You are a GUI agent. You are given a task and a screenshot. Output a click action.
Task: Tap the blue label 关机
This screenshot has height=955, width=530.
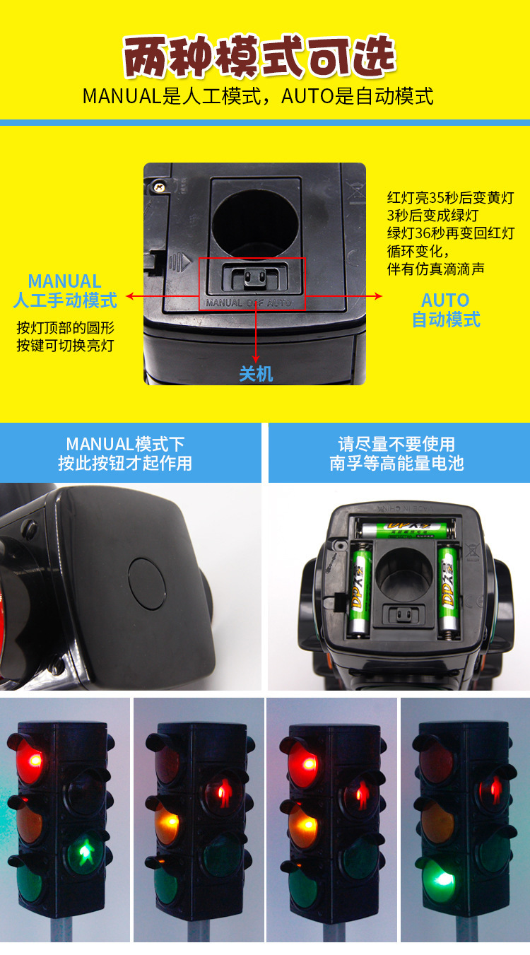(x=256, y=373)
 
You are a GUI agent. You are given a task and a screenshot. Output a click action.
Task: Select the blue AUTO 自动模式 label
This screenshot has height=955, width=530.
(x=446, y=310)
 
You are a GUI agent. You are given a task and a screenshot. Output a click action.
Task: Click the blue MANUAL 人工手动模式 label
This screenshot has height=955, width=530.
(x=65, y=291)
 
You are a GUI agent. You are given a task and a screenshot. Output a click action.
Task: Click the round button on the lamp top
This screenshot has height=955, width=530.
(x=147, y=583)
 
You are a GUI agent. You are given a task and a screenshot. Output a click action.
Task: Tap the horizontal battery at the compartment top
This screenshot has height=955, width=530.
(x=406, y=527)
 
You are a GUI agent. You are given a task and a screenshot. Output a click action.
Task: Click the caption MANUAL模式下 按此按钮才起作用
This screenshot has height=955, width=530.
(x=125, y=454)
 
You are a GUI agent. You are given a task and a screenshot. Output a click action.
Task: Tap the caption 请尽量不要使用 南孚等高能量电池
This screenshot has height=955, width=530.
(x=396, y=454)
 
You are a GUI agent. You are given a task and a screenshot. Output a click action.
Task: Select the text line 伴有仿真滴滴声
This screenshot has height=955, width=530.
(x=435, y=269)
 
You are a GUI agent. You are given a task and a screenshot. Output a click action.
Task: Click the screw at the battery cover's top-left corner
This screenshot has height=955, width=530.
(x=159, y=187)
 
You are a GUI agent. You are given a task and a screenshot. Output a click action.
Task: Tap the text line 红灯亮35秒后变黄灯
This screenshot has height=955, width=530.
(x=450, y=197)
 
